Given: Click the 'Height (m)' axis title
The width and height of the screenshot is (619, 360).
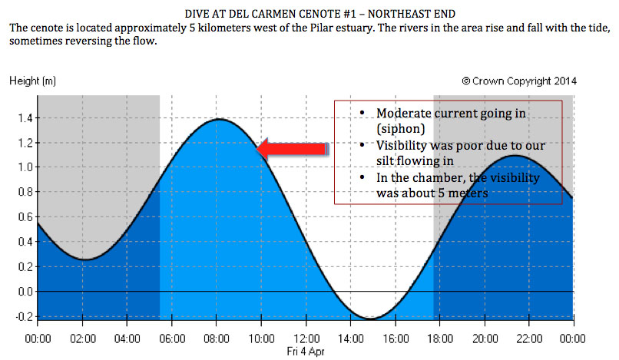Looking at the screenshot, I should (32, 81).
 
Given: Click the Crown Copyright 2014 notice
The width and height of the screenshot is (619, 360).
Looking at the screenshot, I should (519, 81).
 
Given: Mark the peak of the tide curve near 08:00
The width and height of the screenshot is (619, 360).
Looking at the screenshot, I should (220, 119).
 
